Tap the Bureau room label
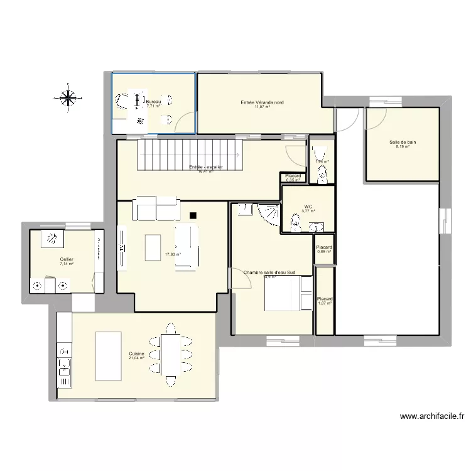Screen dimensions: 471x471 pos(153,101)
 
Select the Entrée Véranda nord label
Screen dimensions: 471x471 pos(262,102)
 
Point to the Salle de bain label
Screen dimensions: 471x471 pos(402,143)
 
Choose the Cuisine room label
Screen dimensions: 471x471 pos(137,354)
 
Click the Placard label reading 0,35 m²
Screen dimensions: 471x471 pos(293,176)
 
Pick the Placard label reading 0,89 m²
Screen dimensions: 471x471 pos(324,247)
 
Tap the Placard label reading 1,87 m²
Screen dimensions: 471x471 pos(325,299)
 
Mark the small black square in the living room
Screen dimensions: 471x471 pos(192,216)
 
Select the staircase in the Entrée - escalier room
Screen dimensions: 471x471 pos(189,154)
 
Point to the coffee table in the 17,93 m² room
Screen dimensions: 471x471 pos(153,247)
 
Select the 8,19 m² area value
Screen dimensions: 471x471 pos(402,148)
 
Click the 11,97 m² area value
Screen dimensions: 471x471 pos(262,107)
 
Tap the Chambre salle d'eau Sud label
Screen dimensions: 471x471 pos(270,273)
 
